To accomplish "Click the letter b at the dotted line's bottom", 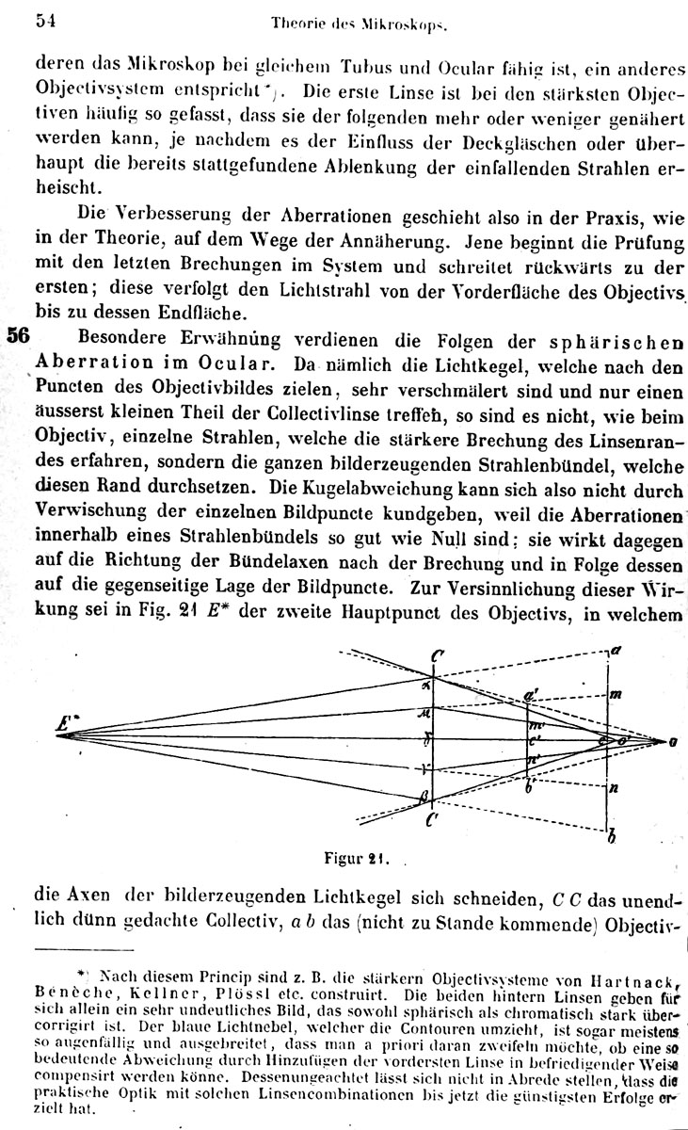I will [614, 834].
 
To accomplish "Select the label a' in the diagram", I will [532, 695].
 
